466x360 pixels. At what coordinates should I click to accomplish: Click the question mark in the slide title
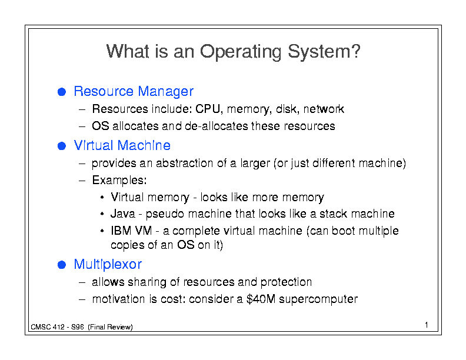coord(355,51)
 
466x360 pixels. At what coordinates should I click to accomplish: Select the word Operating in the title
coord(241,52)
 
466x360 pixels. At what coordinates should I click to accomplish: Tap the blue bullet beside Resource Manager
coord(62,92)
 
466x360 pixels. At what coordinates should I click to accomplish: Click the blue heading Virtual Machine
coord(122,145)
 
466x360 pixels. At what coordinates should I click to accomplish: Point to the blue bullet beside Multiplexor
coord(62,265)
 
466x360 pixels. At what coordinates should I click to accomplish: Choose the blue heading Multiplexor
coord(108,264)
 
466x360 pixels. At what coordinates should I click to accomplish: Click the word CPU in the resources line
coord(208,109)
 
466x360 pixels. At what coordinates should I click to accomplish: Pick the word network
coord(324,109)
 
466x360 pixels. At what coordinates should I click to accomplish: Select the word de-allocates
coord(217,126)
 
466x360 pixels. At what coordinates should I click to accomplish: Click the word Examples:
coord(119,181)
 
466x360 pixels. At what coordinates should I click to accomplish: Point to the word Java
coord(123,214)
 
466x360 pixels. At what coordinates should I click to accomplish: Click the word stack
coord(333,214)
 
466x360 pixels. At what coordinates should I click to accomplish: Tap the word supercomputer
coord(318,299)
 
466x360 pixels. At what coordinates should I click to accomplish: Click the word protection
coord(286,282)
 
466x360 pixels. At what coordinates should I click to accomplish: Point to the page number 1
coord(427,325)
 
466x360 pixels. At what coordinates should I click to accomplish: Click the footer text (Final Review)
coord(110,327)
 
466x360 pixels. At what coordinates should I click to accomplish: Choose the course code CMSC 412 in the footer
coord(48,327)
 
